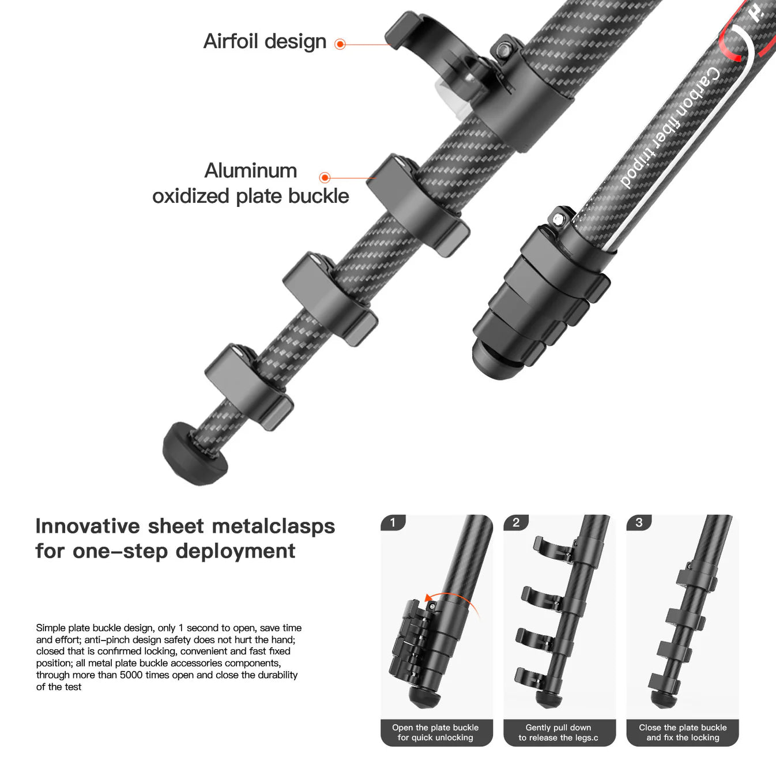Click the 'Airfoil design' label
pyautogui.click(x=265, y=42)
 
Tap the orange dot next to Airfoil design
pyautogui.click(x=340, y=44)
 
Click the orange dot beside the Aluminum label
pyautogui.click(x=325, y=178)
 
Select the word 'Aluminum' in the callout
pyautogui.click(x=251, y=171)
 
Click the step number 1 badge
pyautogui.click(x=393, y=522)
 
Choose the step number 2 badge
pyautogui.click(x=516, y=522)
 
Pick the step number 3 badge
pyautogui.click(x=639, y=522)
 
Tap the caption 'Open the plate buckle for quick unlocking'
pyautogui.click(x=436, y=732)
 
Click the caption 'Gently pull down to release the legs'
pyautogui.click(x=558, y=732)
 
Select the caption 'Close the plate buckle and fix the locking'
pyautogui.click(x=683, y=732)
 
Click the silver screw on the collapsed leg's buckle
pyautogui.click(x=558, y=219)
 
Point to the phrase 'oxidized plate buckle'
pyautogui.click(x=251, y=196)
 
